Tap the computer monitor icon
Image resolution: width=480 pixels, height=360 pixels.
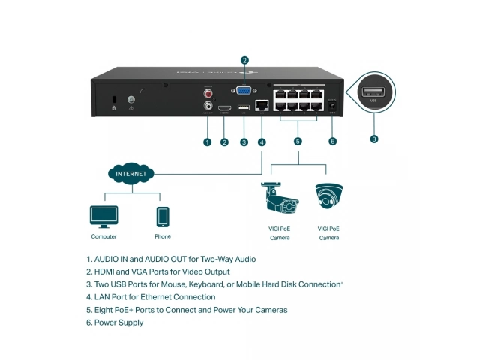(x=103, y=216)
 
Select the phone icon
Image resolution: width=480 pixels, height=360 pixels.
(x=163, y=216)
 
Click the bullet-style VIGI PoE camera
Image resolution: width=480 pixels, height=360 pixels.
(x=279, y=200)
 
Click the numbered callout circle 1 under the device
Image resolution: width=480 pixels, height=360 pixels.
(x=208, y=142)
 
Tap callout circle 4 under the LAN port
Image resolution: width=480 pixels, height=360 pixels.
(x=261, y=142)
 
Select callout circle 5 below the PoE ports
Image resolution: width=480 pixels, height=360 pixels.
(x=298, y=142)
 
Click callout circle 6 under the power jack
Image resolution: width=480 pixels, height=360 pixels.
(x=333, y=142)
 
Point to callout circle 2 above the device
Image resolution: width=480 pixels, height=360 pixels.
(x=244, y=60)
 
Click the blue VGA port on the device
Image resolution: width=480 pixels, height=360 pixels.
(x=244, y=91)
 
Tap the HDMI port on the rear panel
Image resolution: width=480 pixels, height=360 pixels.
(x=224, y=109)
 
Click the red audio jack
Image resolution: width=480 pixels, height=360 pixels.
(x=208, y=94)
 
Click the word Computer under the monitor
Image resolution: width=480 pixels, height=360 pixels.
(x=103, y=237)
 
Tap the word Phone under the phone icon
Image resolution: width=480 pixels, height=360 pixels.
(x=163, y=237)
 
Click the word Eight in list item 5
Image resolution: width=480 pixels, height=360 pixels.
(x=104, y=310)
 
